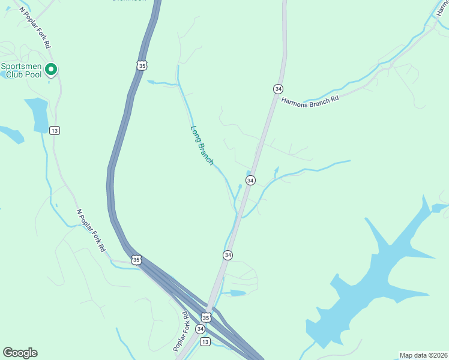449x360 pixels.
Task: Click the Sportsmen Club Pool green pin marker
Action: (51, 70)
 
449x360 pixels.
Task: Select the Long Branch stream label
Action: (202, 145)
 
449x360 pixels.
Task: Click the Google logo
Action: (20, 353)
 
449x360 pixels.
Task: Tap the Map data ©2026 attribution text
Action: (423, 355)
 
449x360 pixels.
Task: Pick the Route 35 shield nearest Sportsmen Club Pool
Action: (141, 65)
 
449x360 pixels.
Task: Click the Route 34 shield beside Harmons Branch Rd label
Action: (277, 88)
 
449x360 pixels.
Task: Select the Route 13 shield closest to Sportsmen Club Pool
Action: (55, 130)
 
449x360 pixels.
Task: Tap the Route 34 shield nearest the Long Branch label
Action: (250, 180)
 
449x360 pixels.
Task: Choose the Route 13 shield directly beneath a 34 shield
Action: (205, 341)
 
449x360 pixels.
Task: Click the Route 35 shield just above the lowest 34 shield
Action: (206, 317)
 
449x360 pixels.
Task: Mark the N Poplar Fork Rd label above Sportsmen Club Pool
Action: (36, 28)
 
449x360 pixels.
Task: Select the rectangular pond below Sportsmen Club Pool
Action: (37, 114)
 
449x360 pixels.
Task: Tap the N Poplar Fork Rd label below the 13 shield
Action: (91, 230)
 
